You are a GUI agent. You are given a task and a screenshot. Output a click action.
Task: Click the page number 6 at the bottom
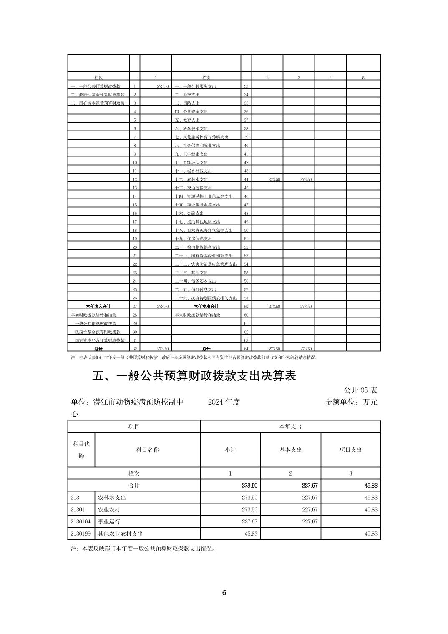pos(224,593)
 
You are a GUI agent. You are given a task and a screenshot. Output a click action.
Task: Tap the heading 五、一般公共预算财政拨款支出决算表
pos(194,376)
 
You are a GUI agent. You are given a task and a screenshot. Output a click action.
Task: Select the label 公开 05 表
pos(360,390)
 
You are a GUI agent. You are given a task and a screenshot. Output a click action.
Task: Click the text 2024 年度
pos(224,402)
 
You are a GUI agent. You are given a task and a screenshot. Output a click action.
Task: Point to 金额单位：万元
pos(351,402)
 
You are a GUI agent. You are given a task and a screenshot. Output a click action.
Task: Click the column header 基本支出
pos(290,450)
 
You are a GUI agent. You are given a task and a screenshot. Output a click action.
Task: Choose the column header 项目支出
pos(350,450)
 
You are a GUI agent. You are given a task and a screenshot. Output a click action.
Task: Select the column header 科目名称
pos(147,450)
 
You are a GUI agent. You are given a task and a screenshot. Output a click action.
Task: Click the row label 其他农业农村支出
pos(121,533)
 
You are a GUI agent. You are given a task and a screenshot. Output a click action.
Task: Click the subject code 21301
pos(78,509)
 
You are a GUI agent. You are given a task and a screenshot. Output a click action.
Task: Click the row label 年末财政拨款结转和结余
pos(197,315)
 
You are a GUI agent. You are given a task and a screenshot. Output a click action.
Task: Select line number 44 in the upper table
pos(246,179)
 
